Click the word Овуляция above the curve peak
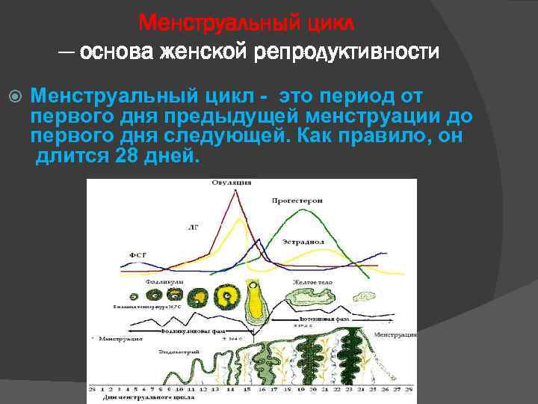231,183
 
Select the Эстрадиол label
303,242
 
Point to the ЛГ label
194,225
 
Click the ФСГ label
138,255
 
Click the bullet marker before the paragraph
17,97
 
